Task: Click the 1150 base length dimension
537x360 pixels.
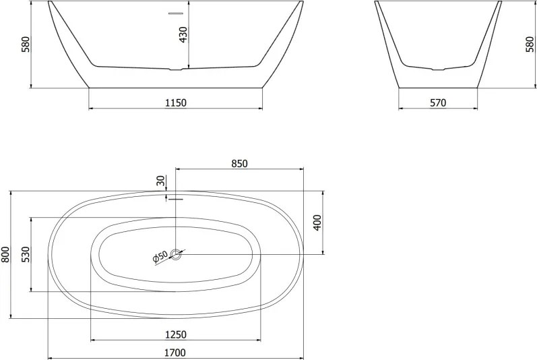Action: [x=176, y=102]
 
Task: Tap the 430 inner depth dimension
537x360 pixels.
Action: [x=183, y=34]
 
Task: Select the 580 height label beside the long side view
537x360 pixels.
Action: [x=26, y=44]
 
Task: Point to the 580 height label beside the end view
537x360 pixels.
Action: [x=530, y=44]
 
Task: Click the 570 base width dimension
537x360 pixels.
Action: [x=438, y=102]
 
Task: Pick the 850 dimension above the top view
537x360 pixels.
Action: [x=239, y=164]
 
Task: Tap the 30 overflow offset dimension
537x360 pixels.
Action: [x=160, y=180]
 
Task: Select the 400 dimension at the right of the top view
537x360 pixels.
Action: [x=317, y=222]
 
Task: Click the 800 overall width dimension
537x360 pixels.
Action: [x=6, y=255]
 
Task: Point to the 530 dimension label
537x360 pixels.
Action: [x=26, y=254]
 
